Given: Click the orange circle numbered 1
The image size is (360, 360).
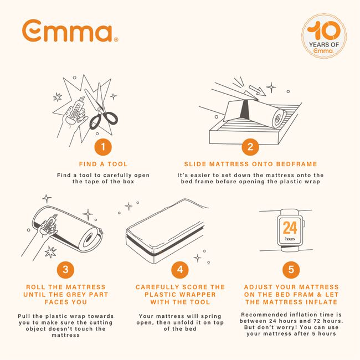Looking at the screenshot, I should (102, 147).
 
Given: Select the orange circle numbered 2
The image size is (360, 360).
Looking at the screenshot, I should (250, 147).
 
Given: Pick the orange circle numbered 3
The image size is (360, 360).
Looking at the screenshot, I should (65, 270).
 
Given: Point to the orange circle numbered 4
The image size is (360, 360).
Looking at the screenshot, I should (180, 270).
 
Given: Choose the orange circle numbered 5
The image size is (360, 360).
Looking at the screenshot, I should (291, 270).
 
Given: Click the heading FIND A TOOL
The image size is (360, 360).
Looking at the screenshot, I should (103, 164).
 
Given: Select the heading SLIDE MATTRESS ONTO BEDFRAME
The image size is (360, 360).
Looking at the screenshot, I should (250, 164).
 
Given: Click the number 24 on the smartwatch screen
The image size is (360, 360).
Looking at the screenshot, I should (290, 228).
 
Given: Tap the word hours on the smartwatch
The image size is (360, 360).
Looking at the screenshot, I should (290, 239).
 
